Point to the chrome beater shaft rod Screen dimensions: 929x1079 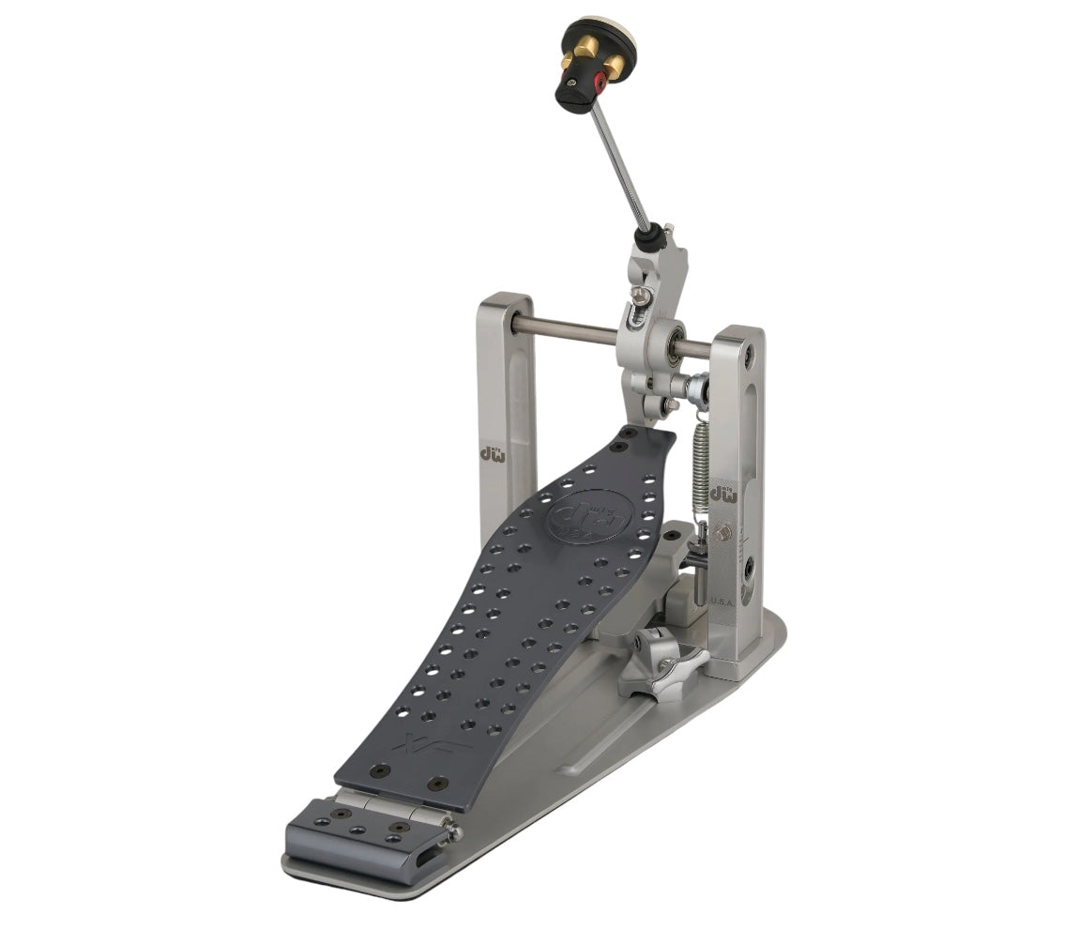coord(621,169)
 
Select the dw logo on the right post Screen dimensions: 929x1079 coord(722,493)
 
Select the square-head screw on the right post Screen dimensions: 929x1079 coord(722,534)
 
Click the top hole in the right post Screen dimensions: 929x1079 coord(748,357)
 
